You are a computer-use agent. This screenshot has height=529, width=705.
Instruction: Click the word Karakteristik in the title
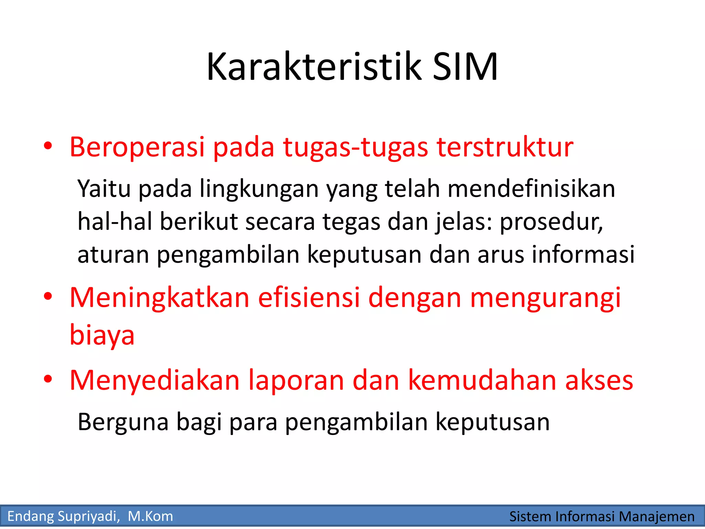click(314, 67)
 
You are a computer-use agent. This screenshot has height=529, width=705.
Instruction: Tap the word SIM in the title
click(465, 67)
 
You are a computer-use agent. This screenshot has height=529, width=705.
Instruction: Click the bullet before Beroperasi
click(48, 146)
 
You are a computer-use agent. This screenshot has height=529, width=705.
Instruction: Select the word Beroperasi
click(137, 147)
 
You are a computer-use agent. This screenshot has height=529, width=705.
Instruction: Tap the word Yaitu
click(104, 189)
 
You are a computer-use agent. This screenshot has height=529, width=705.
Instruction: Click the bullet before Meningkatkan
click(48, 297)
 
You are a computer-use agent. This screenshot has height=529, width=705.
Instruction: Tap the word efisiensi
click(309, 298)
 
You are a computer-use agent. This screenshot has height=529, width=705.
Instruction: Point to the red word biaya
click(102, 335)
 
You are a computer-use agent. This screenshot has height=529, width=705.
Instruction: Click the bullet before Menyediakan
click(48, 379)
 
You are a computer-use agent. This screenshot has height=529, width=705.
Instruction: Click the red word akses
click(599, 380)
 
